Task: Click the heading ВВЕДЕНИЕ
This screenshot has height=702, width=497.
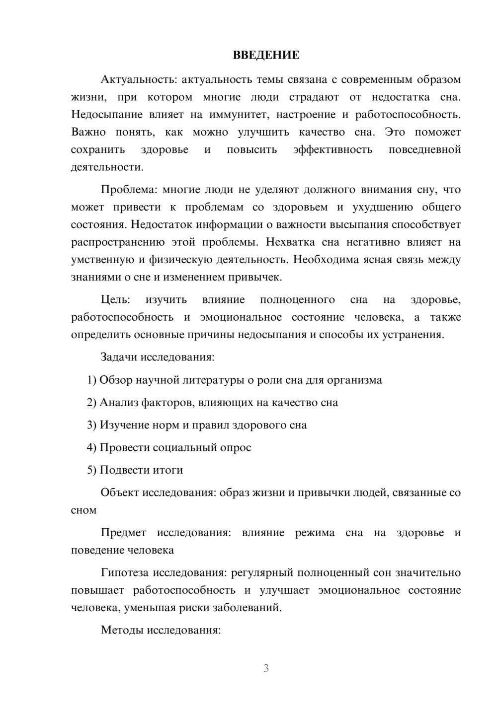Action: [266, 55]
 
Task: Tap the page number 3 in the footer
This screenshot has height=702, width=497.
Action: [266, 668]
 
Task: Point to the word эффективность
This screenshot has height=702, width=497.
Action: [332, 150]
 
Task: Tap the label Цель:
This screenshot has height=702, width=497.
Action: [115, 300]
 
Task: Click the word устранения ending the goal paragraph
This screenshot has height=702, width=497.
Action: [413, 335]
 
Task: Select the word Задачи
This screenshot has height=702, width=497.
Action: [119, 357]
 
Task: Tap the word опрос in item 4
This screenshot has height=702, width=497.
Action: [236, 448]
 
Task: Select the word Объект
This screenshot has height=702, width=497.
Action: [120, 493]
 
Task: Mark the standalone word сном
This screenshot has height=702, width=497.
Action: [83, 510]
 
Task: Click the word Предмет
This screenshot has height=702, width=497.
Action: [123, 533]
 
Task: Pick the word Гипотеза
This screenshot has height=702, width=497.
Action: [124, 573]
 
